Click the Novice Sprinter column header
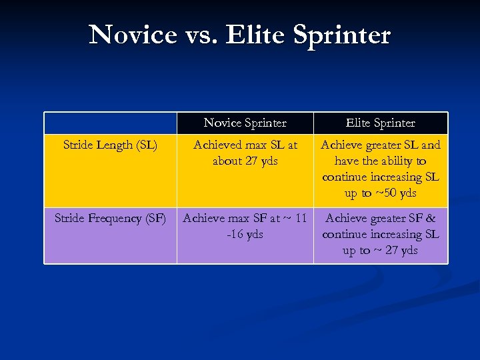click(x=245, y=123)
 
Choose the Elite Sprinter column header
click(x=381, y=123)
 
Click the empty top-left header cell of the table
click(x=111, y=123)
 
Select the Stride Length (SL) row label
click(x=111, y=145)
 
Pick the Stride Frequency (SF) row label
click(x=111, y=218)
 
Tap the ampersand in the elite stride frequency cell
click(x=431, y=218)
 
